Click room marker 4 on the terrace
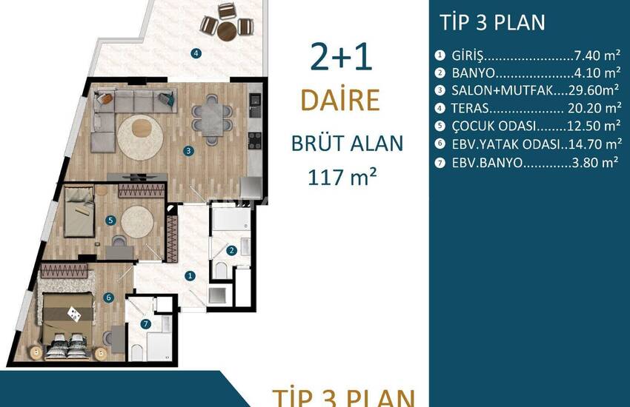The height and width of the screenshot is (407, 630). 196,53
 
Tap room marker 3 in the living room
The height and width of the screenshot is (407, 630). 188,151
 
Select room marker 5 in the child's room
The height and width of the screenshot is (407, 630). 110,220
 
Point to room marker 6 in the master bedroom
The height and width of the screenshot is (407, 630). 108,297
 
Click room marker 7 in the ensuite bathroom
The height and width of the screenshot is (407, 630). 146,324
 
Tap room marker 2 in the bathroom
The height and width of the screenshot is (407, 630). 231,251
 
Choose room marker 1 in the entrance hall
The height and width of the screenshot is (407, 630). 190,276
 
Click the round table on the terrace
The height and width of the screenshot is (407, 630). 227,31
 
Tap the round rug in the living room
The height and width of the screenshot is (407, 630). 140,138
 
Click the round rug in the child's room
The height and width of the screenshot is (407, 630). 137,222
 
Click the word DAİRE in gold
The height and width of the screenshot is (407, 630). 340,100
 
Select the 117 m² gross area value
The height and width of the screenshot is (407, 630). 342,177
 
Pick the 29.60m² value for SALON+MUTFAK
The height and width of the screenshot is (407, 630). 594,90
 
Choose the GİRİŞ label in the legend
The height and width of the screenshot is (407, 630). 467,55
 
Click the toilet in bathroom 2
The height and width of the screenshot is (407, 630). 222,269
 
